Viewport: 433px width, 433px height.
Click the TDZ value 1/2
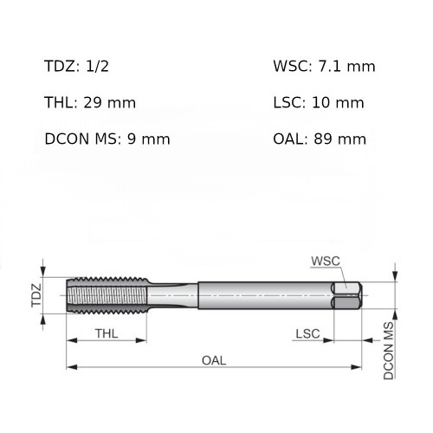(97, 66)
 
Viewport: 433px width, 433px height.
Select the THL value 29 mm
(109, 103)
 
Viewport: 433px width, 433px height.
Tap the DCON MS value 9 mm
(148, 139)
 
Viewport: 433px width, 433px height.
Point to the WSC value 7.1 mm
(346, 66)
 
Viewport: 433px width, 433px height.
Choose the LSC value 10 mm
(338, 103)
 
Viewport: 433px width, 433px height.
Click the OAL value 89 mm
(339, 139)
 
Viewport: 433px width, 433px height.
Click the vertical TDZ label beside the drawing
(36, 295)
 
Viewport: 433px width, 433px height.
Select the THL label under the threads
(107, 333)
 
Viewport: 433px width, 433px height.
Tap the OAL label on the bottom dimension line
(214, 360)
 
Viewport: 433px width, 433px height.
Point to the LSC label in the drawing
(307, 334)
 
